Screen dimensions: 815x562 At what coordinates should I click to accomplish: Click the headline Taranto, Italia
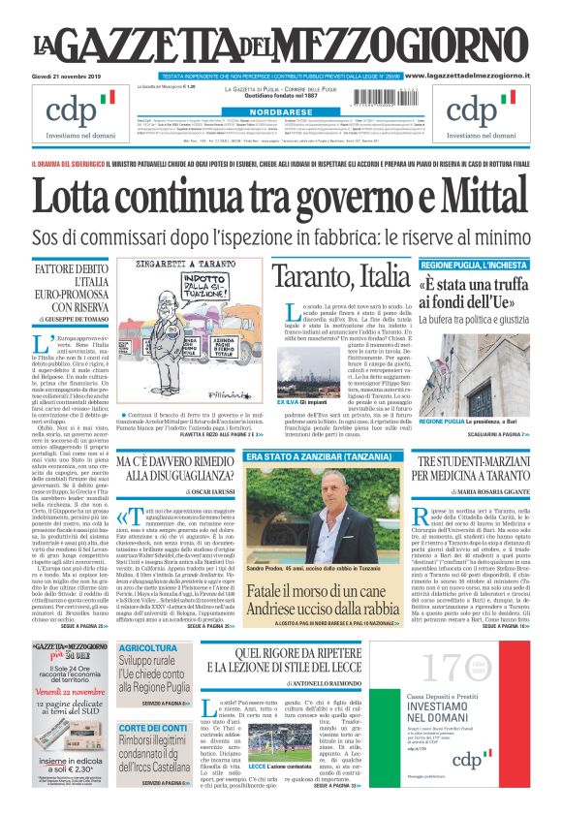(341, 276)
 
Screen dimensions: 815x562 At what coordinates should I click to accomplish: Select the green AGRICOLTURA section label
(148, 648)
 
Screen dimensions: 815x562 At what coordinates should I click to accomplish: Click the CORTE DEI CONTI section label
(153, 728)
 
